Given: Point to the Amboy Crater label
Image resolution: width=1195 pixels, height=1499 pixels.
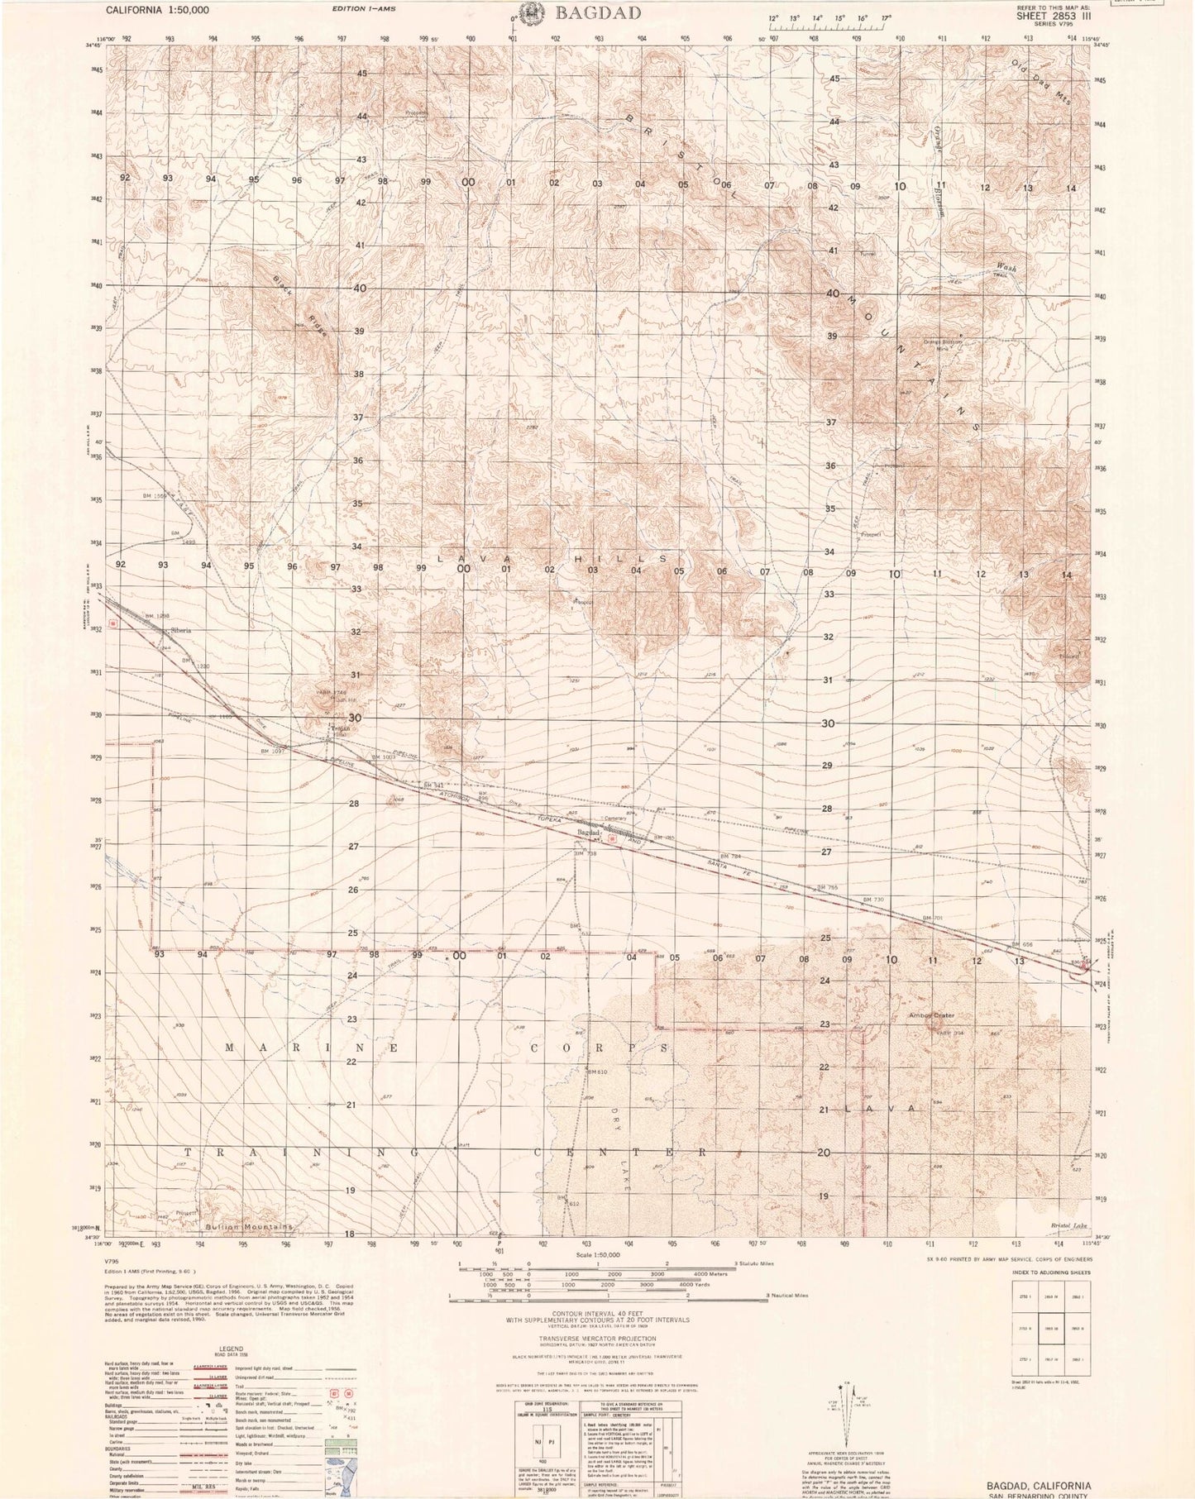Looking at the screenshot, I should point(932,1015).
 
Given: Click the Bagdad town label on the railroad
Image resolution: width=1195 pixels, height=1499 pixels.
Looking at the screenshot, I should point(588,833).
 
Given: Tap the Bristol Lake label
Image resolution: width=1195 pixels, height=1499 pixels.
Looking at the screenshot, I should point(1072,1225).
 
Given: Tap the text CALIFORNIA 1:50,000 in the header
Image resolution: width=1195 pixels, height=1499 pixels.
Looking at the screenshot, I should point(157,11).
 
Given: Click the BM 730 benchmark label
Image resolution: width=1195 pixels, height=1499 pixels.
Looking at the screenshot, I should point(873,900).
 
